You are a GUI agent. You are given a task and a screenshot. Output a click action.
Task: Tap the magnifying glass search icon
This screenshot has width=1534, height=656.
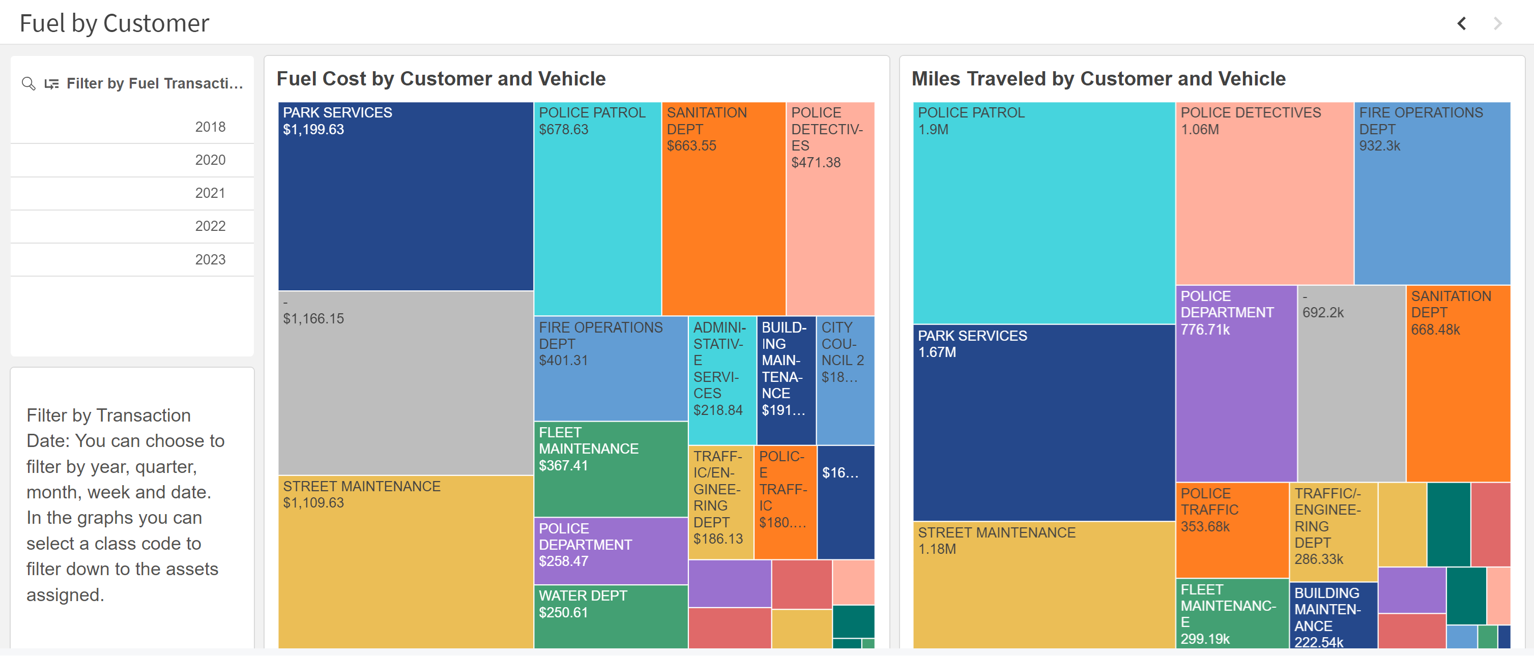28,83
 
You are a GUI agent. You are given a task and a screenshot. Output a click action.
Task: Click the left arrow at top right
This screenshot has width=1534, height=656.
1461,23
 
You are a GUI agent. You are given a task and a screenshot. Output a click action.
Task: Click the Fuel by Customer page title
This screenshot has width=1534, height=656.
114,23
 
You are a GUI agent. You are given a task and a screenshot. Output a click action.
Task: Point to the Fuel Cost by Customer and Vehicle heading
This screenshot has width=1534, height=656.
441,79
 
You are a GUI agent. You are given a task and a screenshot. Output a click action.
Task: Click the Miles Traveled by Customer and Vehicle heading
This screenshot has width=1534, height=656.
1098,79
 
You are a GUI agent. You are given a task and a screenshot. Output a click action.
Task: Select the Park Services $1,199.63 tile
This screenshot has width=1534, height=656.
405,196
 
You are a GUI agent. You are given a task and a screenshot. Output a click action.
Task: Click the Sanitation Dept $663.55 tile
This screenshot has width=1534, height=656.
723,208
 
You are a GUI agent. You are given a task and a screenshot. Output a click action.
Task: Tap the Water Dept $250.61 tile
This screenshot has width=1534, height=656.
611,616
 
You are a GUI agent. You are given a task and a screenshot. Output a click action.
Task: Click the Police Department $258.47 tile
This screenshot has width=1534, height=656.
611,551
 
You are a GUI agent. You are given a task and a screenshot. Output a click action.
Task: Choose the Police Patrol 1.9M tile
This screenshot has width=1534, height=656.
1044,213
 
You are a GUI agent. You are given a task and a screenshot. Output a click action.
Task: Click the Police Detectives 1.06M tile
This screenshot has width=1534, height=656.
1264,193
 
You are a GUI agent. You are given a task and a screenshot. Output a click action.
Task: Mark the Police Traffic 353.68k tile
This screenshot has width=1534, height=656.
1231,530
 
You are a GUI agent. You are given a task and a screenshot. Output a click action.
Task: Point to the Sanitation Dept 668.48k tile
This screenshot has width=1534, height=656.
1458,383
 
